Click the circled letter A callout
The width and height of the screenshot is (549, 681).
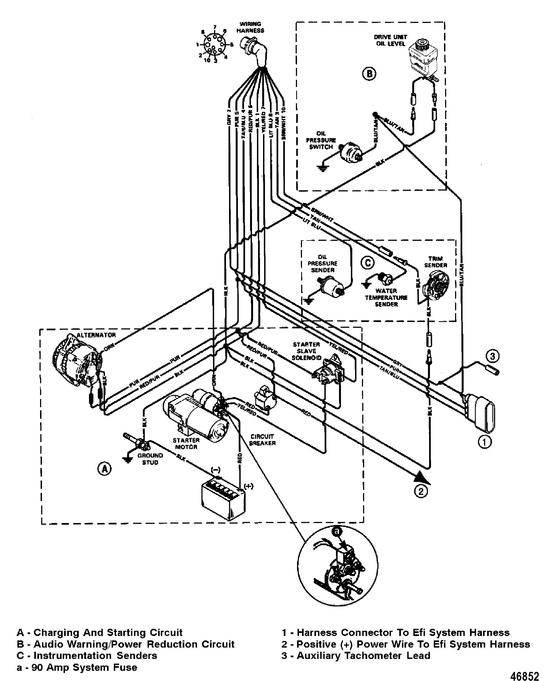click(x=104, y=469)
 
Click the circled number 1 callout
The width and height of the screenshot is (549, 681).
click(x=485, y=442)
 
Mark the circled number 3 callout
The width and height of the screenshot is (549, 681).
click(x=492, y=357)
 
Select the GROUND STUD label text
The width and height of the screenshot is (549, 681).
click(x=150, y=459)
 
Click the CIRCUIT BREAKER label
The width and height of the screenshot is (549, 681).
click(x=262, y=440)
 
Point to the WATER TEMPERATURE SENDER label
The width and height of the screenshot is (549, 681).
click(x=386, y=297)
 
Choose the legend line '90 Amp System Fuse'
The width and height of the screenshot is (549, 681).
click(x=77, y=667)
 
